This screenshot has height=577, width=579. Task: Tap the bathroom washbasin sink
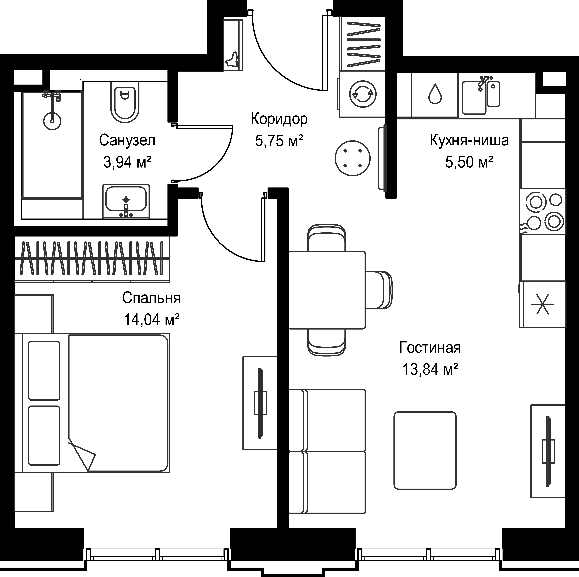click(x=126, y=201)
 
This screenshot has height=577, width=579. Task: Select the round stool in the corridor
click(x=352, y=158)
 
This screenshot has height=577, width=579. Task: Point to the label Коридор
click(x=279, y=119)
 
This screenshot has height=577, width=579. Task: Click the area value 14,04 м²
click(x=152, y=320)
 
